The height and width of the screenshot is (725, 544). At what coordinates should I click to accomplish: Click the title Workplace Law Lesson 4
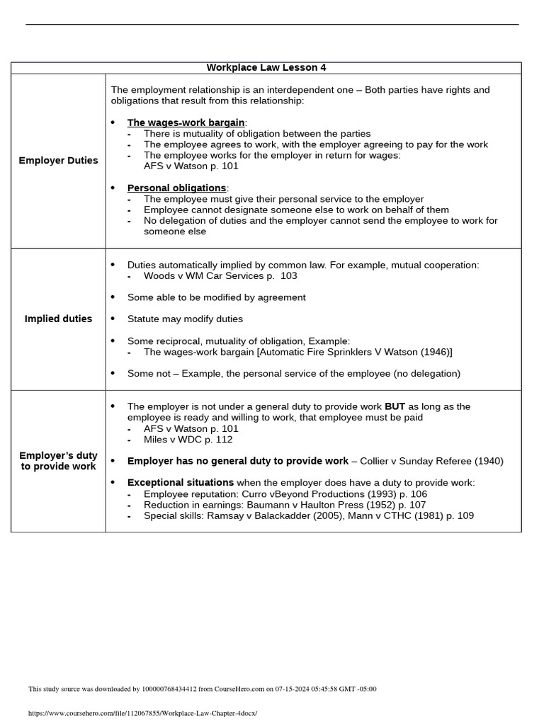click(x=266, y=68)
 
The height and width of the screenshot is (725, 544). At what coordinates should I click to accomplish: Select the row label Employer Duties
click(x=58, y=161)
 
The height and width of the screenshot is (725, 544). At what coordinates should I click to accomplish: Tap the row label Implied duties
click(x=58, y=319)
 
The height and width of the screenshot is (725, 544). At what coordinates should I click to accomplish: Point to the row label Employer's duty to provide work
click(x=58, y=461)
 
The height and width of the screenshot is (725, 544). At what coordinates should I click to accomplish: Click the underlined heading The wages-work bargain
click(x=186, y=123)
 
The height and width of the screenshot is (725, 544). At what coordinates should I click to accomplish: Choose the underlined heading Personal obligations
click(x=176, y=188)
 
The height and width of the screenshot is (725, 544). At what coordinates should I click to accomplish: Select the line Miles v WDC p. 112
click(x=188, y=440)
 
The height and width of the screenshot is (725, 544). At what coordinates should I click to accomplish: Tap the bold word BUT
click(x=395, y=407)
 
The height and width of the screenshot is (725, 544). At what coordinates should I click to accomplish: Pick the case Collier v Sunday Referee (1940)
click(x=431, y=462)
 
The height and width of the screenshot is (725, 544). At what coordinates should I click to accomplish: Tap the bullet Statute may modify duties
click(x=185, y=319)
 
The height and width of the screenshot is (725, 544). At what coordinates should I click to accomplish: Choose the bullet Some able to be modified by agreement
click(x=216, y=297)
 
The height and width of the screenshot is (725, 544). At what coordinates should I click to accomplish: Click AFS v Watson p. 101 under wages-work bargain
click(x=191, y=166)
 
